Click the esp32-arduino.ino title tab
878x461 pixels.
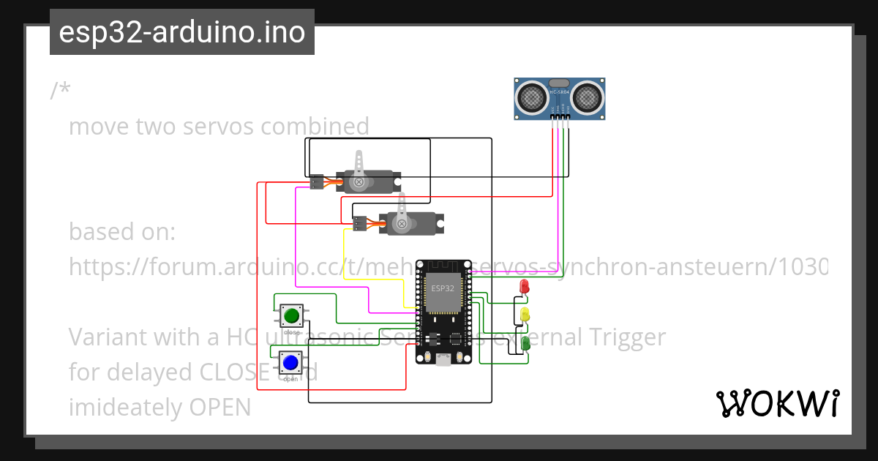coord(181,32)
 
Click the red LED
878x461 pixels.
coord(524,286)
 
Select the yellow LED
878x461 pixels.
coord(525,315)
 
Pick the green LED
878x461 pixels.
coord(525,342)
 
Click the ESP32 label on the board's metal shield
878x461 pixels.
coord(442,288)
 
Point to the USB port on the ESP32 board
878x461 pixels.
coord(443,359)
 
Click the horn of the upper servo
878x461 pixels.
coord(359,170)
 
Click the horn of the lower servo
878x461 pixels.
coord(401,212)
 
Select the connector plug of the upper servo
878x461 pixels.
coord(317,181)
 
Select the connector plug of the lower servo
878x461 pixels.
coord(359,224)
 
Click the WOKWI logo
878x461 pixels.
coord(777,404)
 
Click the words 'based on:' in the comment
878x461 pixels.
coord(122,232)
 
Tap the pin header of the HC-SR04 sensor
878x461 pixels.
coord(560,116)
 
